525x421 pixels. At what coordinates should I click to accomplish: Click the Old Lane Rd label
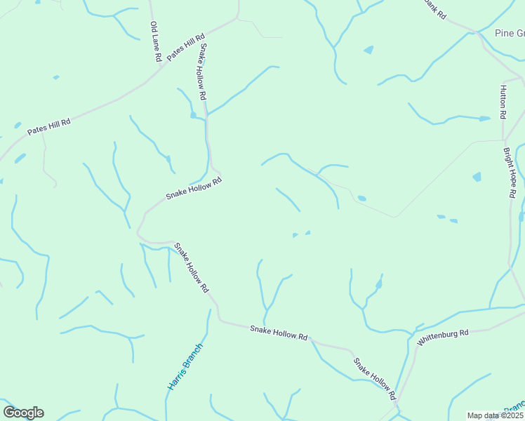[156, 41]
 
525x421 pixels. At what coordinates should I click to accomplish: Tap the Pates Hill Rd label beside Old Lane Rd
[186, 47]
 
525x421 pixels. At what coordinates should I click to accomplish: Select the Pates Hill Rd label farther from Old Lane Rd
[49, 126]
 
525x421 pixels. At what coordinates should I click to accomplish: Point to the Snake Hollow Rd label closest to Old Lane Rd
[202, 71]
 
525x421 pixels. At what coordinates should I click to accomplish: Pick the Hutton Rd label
[503, 102]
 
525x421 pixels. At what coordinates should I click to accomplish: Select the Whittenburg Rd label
[442, 337]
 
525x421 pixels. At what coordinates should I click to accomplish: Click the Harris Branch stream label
[185, 366]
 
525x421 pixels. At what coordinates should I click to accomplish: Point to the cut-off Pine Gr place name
[510, 33]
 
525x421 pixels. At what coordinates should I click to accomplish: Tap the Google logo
[23, 413]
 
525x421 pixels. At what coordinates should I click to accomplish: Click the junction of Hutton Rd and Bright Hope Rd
[504, 140]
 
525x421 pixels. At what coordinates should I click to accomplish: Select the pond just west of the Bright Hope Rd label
[477, 177]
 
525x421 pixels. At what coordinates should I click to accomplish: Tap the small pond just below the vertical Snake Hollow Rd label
[193, 114]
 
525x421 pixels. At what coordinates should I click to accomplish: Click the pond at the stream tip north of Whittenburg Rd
[378, 284]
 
